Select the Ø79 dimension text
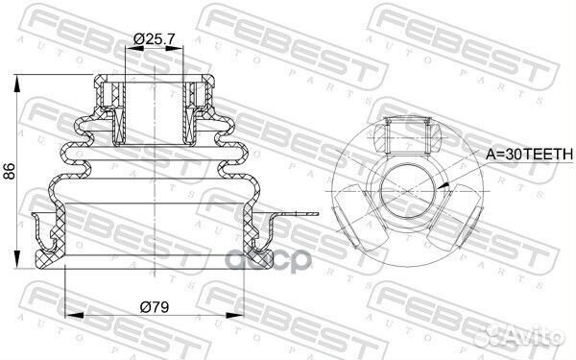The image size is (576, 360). tap(155, 308)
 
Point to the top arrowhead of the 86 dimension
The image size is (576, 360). tap(15, 75)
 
